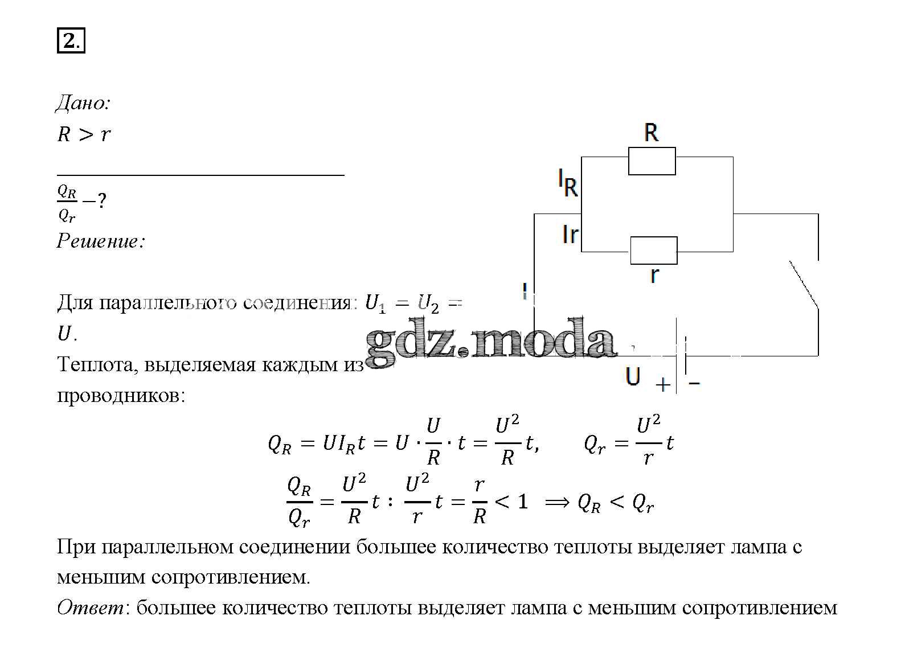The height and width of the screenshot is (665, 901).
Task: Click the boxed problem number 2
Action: coord(71,40)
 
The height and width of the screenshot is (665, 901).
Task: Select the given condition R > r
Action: coord(84,134)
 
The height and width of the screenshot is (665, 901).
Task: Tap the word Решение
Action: coord(101,241)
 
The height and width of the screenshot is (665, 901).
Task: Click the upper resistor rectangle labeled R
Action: coord(652,161)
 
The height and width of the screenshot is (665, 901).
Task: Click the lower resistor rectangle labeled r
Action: coord(654,251)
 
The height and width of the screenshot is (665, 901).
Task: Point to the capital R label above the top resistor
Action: coord(651,133)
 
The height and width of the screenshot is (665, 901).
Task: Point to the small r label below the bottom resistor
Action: coord(654,275)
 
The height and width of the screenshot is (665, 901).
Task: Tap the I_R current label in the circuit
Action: coord(568,183)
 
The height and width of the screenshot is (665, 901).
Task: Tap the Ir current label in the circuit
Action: coord(570,235)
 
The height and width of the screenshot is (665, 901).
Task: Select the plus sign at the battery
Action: coord(663,384)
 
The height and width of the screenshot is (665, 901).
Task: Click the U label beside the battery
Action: coord(633,376)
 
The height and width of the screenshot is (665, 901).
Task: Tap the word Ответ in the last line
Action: coord(91,607)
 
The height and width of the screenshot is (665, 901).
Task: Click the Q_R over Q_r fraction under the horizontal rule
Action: coord(67,203)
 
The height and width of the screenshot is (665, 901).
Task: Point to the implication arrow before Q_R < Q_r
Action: coord(558,503)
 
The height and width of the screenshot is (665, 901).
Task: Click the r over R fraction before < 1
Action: coord(480,501)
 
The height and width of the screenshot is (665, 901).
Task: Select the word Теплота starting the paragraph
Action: coord(95,364)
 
